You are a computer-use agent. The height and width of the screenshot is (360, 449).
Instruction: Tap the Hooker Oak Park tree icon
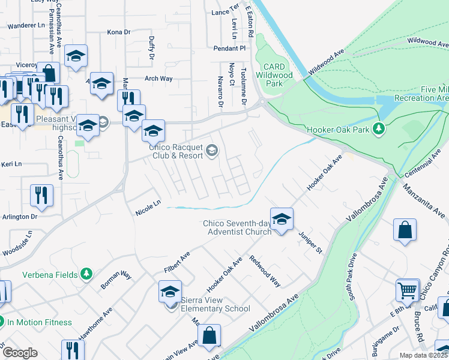click(x=379, y=128)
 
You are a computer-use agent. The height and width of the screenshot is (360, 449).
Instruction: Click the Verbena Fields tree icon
click(x=87, y=274)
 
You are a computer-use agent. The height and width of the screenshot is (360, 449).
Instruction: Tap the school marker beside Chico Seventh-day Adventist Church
click(x=281, y=219)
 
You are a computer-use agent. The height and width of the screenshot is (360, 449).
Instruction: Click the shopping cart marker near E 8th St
click(x=408, y=291)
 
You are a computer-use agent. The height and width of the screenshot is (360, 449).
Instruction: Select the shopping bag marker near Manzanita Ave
click(x=405, y=230)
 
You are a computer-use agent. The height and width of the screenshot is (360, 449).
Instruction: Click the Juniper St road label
click(x=311, y=241)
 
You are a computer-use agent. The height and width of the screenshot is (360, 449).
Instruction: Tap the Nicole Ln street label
click(x=148, y=208)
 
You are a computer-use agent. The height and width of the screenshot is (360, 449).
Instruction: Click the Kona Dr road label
click(x=118, y=32)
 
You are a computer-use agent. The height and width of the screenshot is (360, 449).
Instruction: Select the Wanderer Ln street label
click(x=26, y=26)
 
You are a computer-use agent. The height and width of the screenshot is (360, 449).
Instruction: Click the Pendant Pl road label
click(x=229, y=47)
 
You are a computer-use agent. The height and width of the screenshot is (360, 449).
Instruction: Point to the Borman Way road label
click(x=116, y=280)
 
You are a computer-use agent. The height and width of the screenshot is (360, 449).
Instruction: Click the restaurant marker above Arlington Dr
click(x=42, y=195)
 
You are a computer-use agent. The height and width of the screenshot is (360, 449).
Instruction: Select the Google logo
click(x=19, y=353)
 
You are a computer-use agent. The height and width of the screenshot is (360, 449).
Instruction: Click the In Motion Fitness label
click(x=40, y=322)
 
